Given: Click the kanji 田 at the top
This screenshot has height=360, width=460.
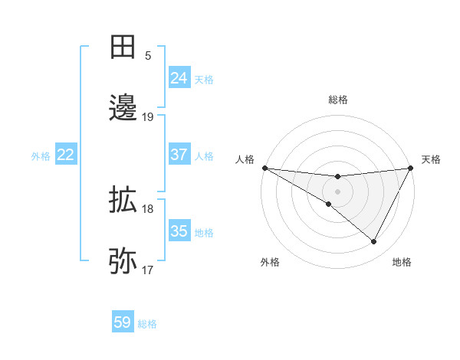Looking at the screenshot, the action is tap(123, 47).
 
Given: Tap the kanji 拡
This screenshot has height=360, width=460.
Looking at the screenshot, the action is tap(123, 200).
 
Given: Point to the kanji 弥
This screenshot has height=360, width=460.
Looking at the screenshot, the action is tap(123, 260).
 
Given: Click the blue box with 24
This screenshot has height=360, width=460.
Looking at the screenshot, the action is tap(179, 78).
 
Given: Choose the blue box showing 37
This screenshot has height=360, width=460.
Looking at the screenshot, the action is tap(179, 155).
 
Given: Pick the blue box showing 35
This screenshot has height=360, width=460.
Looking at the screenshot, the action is tap(179, 231).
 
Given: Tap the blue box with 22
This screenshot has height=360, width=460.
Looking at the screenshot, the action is tap(66, 155).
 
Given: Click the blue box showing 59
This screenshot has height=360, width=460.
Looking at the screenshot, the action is tap(123, 322).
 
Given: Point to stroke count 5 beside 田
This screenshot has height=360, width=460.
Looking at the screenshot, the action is tap(148, 56).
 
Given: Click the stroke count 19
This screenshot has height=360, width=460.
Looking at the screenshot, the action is tap(148, 117).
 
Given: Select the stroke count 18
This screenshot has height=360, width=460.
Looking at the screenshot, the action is tap(148, 209).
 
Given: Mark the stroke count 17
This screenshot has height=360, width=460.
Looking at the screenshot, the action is tap(148, 270).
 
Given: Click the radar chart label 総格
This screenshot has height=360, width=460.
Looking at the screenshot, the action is tap(337, 100).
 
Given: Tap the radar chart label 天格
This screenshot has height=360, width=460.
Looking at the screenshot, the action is tap(431, 159).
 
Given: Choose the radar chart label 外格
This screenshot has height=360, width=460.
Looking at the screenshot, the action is tap(270, 262).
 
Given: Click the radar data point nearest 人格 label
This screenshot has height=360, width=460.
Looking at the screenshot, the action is tap(264, 168).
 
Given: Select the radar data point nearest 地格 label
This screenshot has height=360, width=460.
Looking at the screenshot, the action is tap(374, 242).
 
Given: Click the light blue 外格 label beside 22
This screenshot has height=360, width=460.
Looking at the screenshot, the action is tap(41, 155).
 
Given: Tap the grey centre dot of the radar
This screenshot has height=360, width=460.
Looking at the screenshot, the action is tap(337, 191).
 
